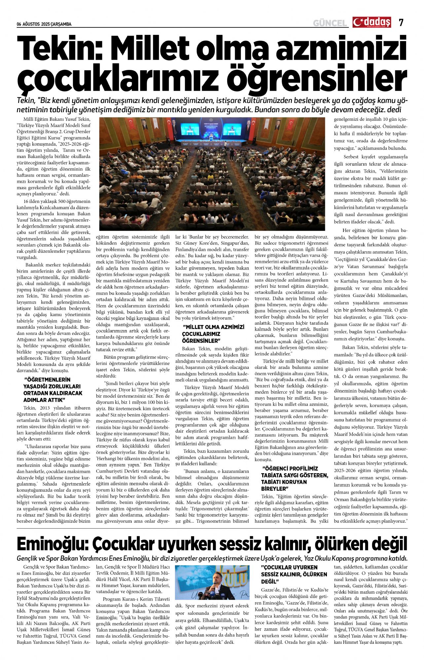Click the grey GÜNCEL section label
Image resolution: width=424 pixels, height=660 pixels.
[330, 23]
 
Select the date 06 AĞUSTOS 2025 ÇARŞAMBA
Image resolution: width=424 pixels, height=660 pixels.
[44, 24]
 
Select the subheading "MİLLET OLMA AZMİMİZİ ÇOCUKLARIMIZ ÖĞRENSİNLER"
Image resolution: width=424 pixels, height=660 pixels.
[213, 334]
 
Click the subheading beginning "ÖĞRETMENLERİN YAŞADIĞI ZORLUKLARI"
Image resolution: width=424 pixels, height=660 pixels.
[53, 390]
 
